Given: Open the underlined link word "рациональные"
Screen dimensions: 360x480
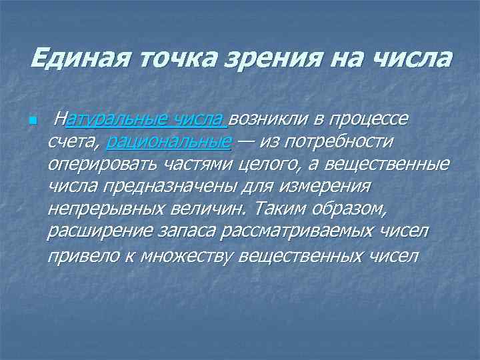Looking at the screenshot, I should [x=169, y=141].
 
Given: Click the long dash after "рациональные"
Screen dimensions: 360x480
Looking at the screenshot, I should [x=246, y=141].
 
